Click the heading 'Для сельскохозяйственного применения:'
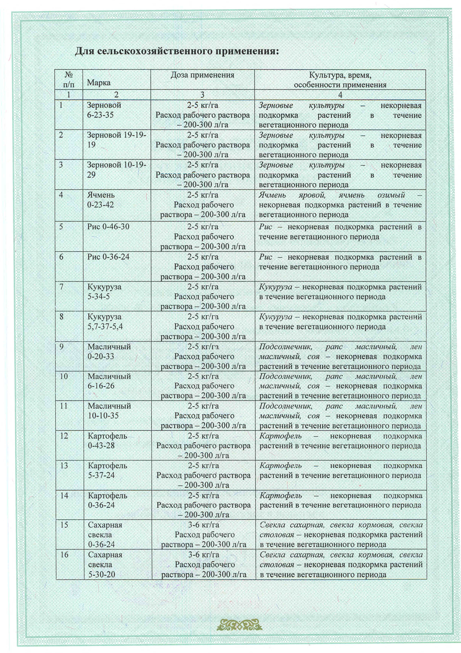(177, 51)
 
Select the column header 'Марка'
(99, 83)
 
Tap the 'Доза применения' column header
(202, 75)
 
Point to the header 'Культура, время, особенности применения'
(340, 80)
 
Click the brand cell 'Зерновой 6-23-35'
(104, 110)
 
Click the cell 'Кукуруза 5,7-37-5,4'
(105, 322)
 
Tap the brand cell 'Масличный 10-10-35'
(109, 411)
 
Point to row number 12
(64, 436)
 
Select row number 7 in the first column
(62, 287)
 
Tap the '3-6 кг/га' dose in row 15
(204, 525)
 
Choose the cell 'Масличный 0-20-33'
(109, 352)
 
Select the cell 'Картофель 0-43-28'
(107, 441)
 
